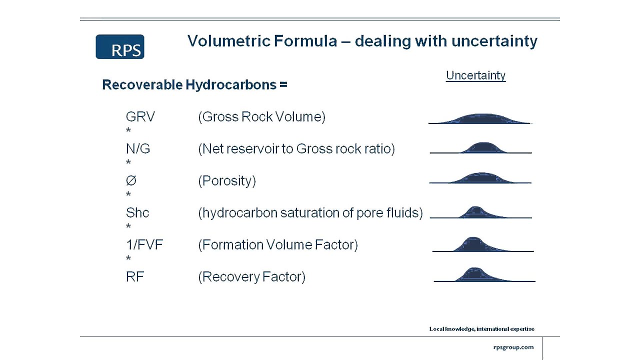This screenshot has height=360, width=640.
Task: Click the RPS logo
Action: tap(120, 47)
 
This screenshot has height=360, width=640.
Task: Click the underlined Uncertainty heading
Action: tap(475, 75)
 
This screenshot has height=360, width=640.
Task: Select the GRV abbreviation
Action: tap(140, 117)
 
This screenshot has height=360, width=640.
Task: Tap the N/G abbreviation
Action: tap(138, 149)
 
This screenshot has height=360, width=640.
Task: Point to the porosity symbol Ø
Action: tap(131, 181)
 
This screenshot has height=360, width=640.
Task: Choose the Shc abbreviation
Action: tap(137, 213)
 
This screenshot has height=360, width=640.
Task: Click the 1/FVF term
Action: tap(144, 245)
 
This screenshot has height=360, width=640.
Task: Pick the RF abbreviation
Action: tap(135, 277)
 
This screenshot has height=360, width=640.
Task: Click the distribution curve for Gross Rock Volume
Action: tap(479, 119)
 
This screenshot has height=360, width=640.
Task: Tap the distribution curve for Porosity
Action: tap(480, 178)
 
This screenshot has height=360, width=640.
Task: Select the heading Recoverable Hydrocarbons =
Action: tap(194, 85)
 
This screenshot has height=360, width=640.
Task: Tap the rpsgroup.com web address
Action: tap(513, 347)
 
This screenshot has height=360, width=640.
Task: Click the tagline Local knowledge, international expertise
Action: tap(481, 329)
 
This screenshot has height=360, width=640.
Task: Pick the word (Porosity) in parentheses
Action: tap(227, 181)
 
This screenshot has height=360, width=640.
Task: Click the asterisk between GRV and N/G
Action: tap(128, 131)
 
